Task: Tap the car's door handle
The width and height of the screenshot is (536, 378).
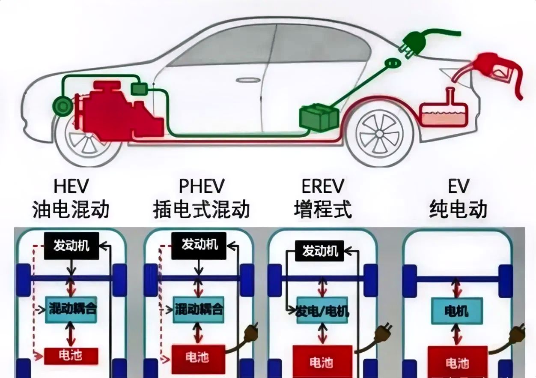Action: pyautogui.click(x=244, y=80)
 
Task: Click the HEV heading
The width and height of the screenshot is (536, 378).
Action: pyautogui.click(x=71, y=187)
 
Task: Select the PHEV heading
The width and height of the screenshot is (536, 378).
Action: pyautogui.click(x=201, y=187)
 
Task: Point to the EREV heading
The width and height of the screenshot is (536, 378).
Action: pyautogui.click(x=323, y=187)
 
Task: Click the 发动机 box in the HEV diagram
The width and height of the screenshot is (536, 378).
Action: pyautogui.click(x=71, y=246)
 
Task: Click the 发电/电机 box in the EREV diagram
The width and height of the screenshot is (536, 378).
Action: pyautogui.click(x=322, y=311)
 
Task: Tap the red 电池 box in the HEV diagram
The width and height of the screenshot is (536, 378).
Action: pyautogui.click(x=71, y=356)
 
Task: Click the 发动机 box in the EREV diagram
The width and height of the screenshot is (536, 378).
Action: pyautogui.click(x=320, y=251)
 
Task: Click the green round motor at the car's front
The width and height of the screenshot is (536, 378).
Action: pyautogui.click(x=63, y=105)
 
